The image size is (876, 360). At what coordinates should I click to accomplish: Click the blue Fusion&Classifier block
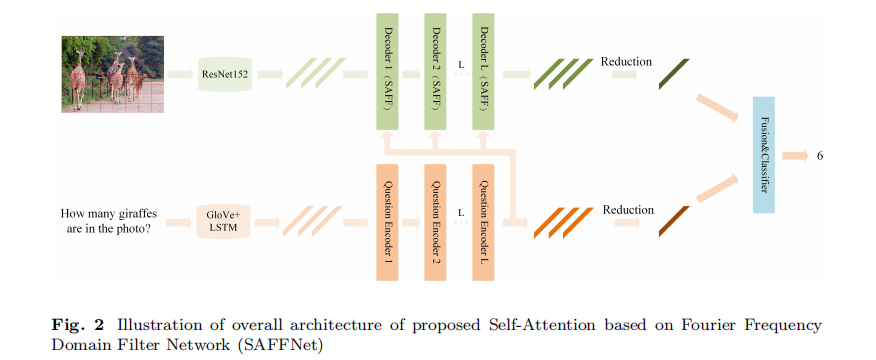click(x=764, y=155)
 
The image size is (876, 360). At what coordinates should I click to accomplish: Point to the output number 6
click(x=820, y=156)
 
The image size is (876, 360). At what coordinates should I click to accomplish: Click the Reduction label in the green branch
click(x=626, y=62)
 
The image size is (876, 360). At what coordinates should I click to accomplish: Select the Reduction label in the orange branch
click(x=628, y=210)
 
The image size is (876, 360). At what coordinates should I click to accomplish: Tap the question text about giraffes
click(x=105, y=220)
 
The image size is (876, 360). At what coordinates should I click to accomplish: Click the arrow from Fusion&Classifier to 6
click(x=795, y=156)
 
